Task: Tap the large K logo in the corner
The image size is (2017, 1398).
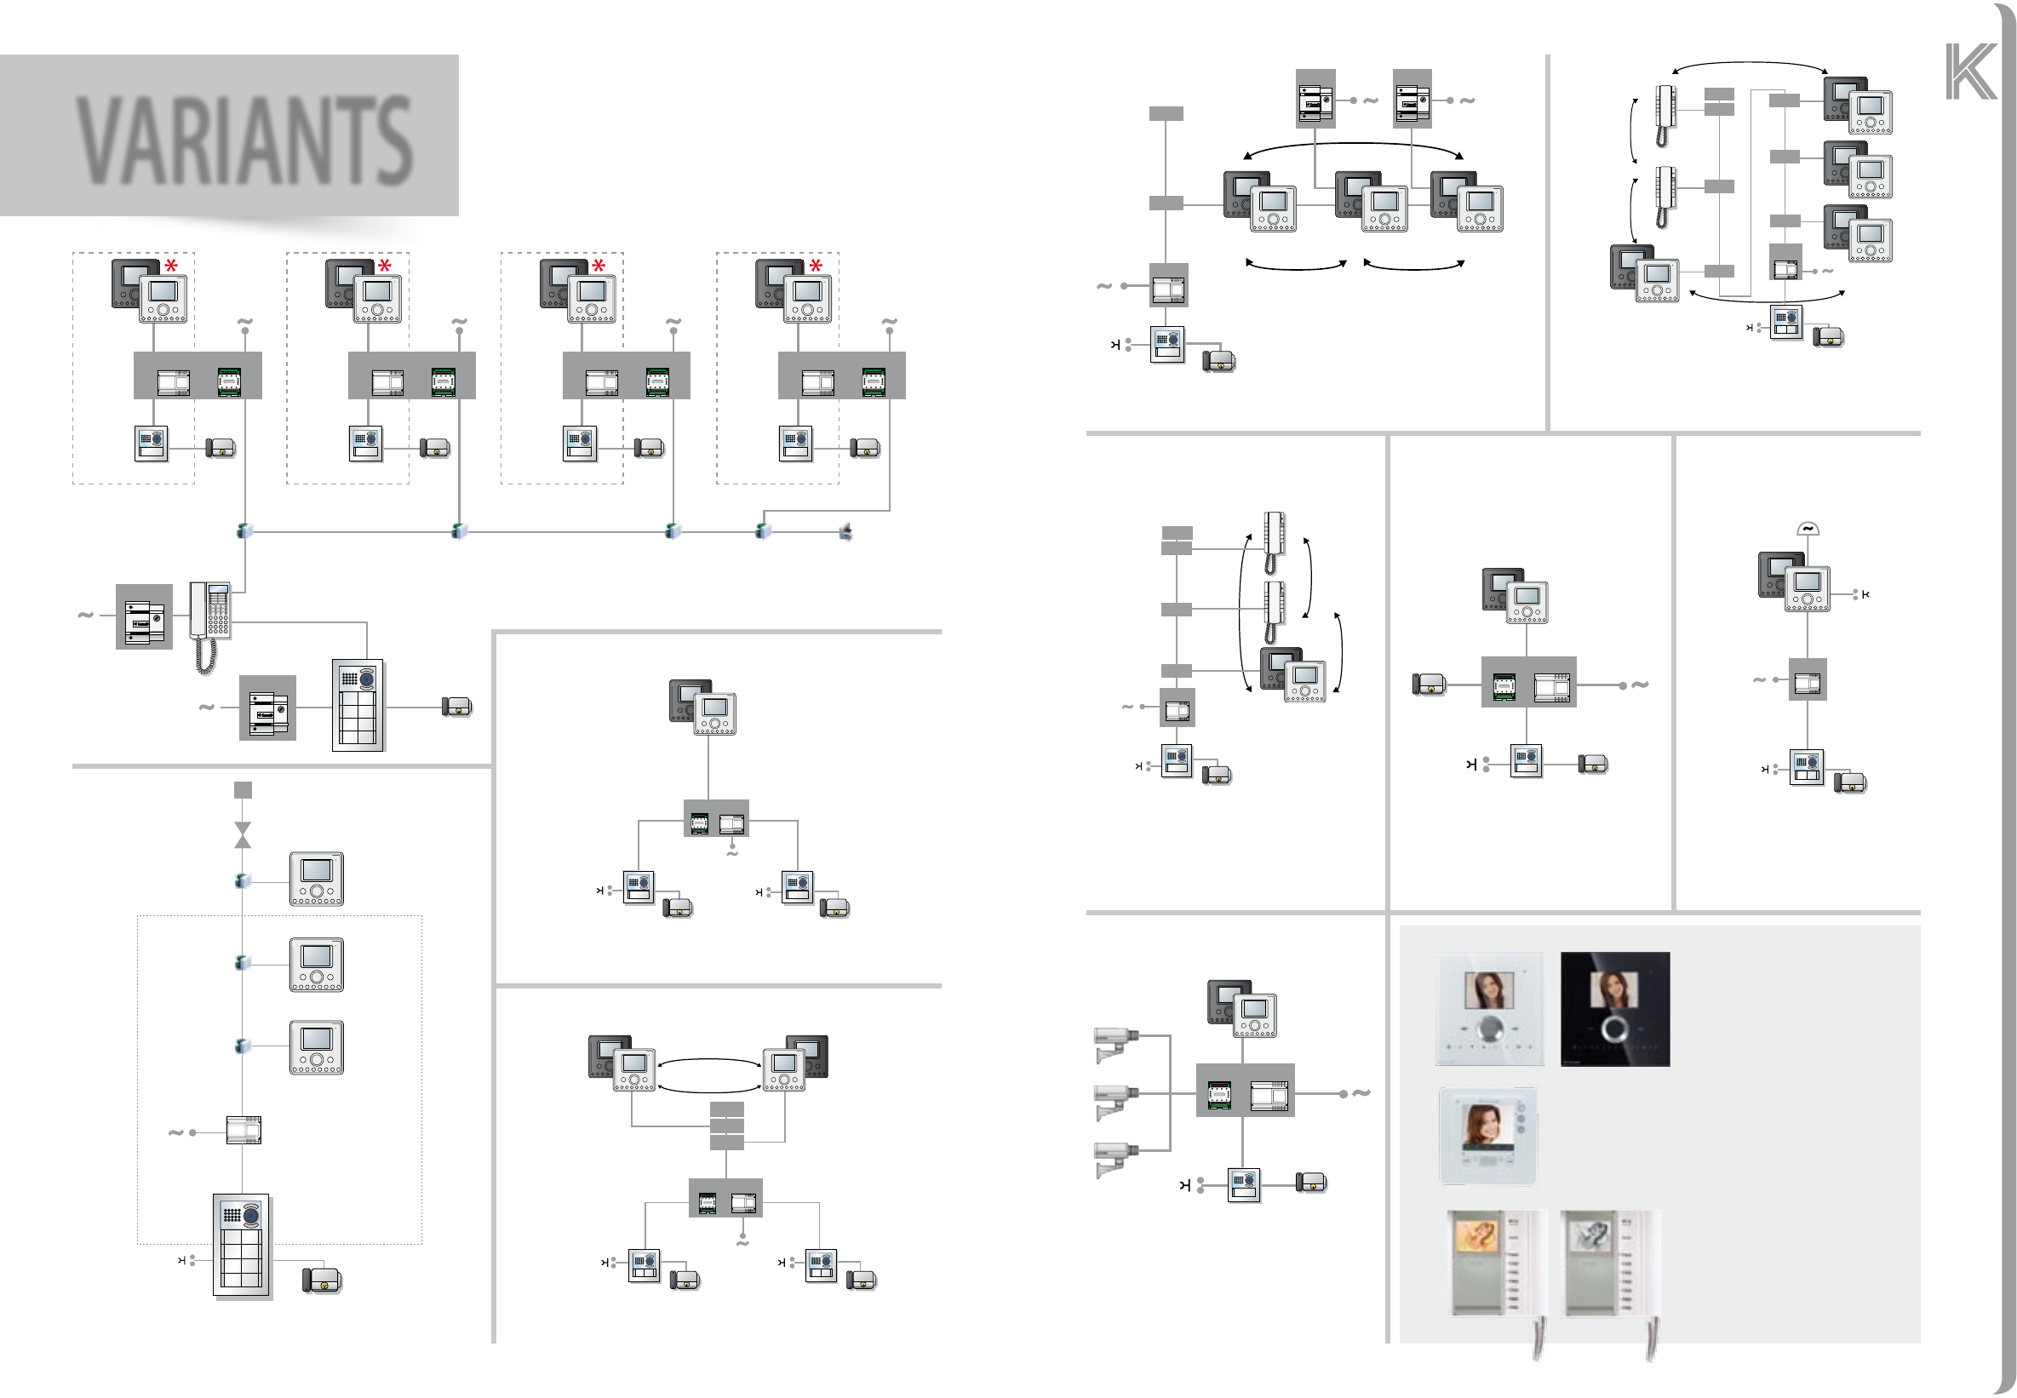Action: (1969, 72)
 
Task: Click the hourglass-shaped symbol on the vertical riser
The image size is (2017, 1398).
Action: (243, 834)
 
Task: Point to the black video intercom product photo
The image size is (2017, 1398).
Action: (1614, 1009)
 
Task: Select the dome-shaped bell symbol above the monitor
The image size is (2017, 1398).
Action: (1807, 528)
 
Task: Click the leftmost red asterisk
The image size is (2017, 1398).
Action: (171, 266)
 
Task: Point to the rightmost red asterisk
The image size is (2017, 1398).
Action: (816, 266)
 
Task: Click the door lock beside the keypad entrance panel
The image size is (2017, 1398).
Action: (457, 707)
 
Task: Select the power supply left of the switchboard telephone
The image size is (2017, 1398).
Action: (144, 616)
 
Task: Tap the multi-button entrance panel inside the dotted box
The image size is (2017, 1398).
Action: (242, 1244)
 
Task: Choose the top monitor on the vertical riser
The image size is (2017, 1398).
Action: (316, 879)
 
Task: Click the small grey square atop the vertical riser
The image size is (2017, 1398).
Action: (243, 790)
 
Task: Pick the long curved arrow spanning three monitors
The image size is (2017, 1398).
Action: (1353, 147)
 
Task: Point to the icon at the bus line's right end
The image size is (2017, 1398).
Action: (846, 530)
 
